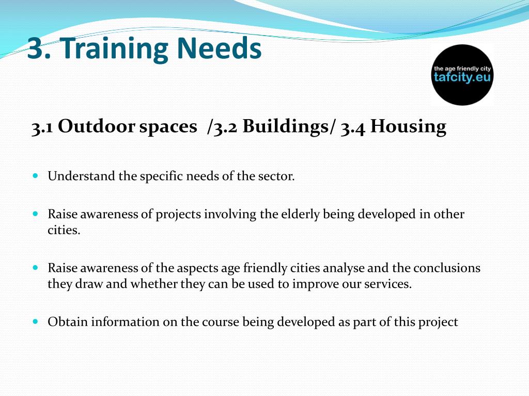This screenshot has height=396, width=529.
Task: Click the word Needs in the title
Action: point(219,48)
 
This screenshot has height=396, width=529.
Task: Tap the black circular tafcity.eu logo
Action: point(462,75)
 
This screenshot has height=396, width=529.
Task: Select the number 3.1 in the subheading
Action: point(42,127)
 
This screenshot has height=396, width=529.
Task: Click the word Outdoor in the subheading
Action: point(97,126)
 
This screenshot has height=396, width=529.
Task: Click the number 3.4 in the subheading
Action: point(352,128)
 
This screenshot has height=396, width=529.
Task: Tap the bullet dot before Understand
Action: point(36,175)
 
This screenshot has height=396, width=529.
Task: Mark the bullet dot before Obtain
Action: point(36,321)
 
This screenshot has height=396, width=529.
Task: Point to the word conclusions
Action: point(447,268)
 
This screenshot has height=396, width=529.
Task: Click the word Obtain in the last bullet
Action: point(68,322)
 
